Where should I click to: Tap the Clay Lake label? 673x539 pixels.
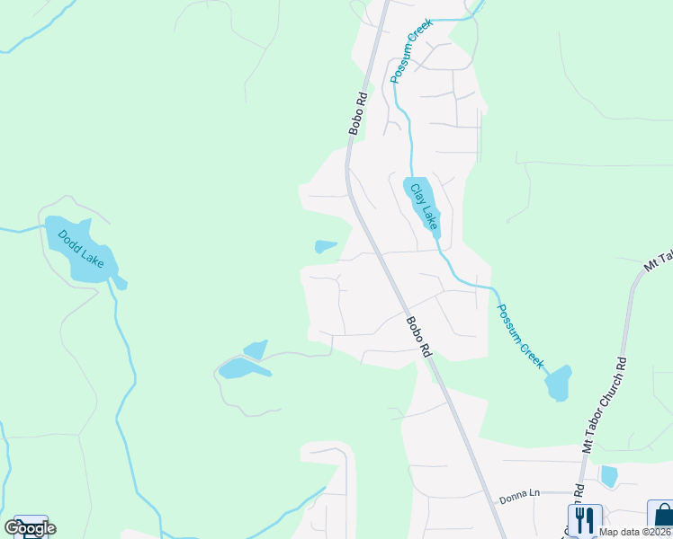[x=424, y=206]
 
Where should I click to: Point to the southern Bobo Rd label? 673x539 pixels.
[x=417, y=338]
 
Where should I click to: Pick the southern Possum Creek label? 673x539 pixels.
[x=521, y=335]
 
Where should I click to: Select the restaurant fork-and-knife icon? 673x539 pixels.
[x=585, y=518]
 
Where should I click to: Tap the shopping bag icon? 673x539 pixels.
[x=662, y=518]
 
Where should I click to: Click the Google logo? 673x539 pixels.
[x=30, y=528]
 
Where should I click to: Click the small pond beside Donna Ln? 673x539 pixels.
[x=609, y=475]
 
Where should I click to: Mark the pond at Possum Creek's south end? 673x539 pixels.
[x=558, y=384]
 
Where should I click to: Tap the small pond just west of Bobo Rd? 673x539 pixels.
[x=325, y=246]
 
